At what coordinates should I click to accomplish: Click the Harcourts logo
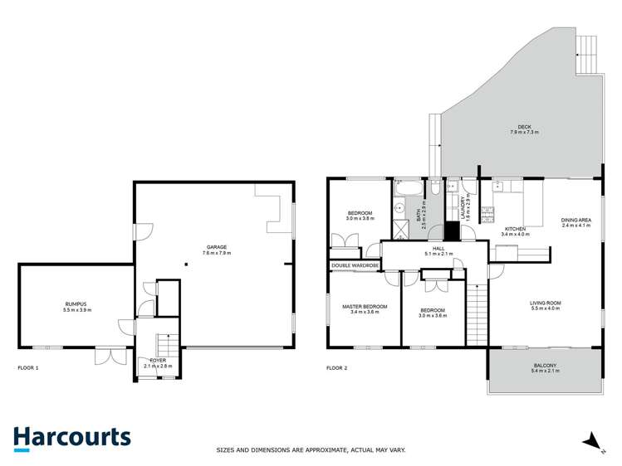click(x=71, y=438)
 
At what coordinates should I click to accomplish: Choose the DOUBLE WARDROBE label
click(x=355, y=266)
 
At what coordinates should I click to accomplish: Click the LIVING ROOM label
click(x=546, y=305)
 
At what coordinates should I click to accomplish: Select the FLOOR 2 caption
click(x=336, y=367)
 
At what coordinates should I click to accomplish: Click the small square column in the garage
click(x=187, y=265)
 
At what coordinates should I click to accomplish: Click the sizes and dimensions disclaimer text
click(x=311, y=449)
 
